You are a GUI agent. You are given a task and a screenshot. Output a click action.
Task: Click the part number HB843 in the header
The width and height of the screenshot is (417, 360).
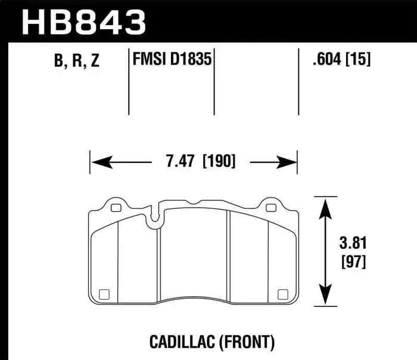coord(83,22)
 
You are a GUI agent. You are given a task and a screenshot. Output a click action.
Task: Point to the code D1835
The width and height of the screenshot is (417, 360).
coord(192,61)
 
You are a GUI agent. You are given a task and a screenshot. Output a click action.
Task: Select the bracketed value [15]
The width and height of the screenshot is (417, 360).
coord(357,61)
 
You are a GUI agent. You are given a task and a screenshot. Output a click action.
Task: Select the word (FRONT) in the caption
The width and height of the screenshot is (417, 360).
coord(247,342)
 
